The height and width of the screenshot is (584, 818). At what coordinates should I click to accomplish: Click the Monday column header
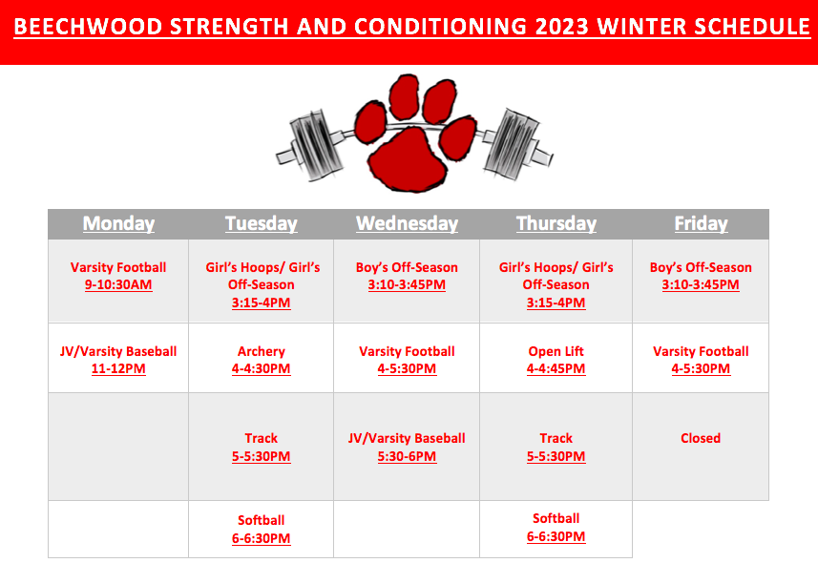click(x=118, y=223)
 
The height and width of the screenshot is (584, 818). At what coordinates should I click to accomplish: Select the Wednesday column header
click(x=407, y=223)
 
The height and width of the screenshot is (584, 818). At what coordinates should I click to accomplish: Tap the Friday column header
click(x=701, y=223)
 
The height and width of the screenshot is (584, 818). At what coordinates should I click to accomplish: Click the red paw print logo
click(x=415, y=133)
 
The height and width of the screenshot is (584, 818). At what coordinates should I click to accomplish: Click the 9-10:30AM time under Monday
click(x=118, y=285)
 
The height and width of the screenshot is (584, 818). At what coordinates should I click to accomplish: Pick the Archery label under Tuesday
click(x=262, y=351)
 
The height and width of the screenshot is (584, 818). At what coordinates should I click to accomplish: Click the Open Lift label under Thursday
click(x=556, y=351)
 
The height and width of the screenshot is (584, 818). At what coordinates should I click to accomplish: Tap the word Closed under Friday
click(x=701, y=438)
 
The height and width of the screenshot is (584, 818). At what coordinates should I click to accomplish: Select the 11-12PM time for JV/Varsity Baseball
click(x=118, y=369)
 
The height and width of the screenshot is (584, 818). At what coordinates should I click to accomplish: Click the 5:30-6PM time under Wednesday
click(x=407, y=457)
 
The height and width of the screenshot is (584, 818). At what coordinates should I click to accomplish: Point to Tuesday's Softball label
click(x=262, y=520)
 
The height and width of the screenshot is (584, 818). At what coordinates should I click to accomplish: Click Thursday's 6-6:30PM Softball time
click(x=556, y=537)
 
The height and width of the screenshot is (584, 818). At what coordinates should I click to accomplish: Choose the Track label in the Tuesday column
click(x=262, y=438)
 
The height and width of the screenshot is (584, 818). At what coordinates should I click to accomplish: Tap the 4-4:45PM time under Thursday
click(x=556, y=369)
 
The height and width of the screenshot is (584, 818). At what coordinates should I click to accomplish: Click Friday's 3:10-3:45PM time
click(x=701, y=285)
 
